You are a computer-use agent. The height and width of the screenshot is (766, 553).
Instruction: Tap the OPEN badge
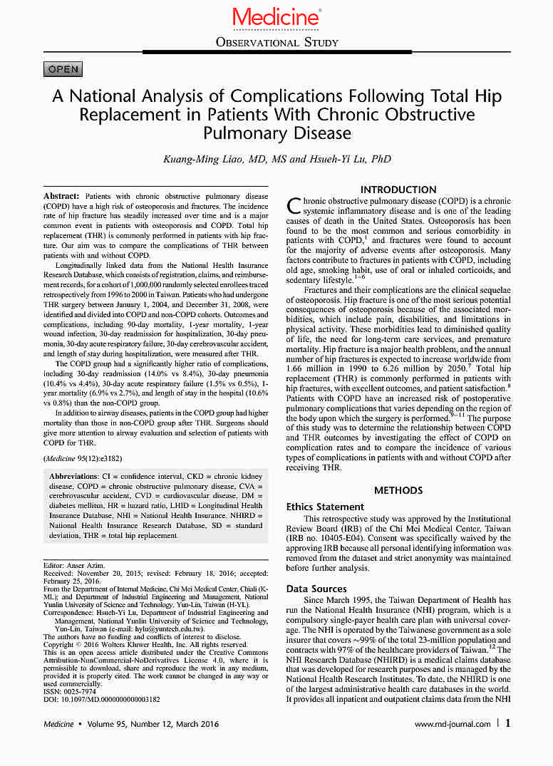(x=63, y=69)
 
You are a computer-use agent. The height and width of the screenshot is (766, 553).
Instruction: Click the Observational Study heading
(x=276, y=43)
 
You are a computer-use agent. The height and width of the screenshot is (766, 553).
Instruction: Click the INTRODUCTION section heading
(x=398, y=190)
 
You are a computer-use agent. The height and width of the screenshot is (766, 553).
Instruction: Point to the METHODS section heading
(x=398, y=490)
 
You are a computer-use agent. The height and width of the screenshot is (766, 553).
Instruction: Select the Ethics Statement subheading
(x=325, y=507)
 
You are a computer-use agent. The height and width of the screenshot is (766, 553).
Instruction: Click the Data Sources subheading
(x=316, y=589)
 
